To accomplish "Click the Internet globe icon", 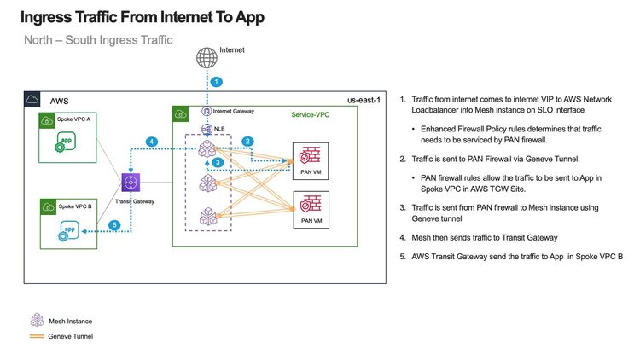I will (207, 58).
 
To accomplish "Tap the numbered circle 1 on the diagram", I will (217, 83).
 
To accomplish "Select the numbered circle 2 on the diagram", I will (247, 141).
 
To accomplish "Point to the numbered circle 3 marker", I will (218, 162).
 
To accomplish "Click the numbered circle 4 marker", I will (151, 141).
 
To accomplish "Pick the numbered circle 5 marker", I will (113, 225).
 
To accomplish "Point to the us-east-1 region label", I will (362, 101).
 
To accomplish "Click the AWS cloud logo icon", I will (32, 99).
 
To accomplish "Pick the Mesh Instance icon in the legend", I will (37, 320).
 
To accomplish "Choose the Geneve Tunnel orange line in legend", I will (37, 337).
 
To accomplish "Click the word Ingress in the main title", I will (54, 16).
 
